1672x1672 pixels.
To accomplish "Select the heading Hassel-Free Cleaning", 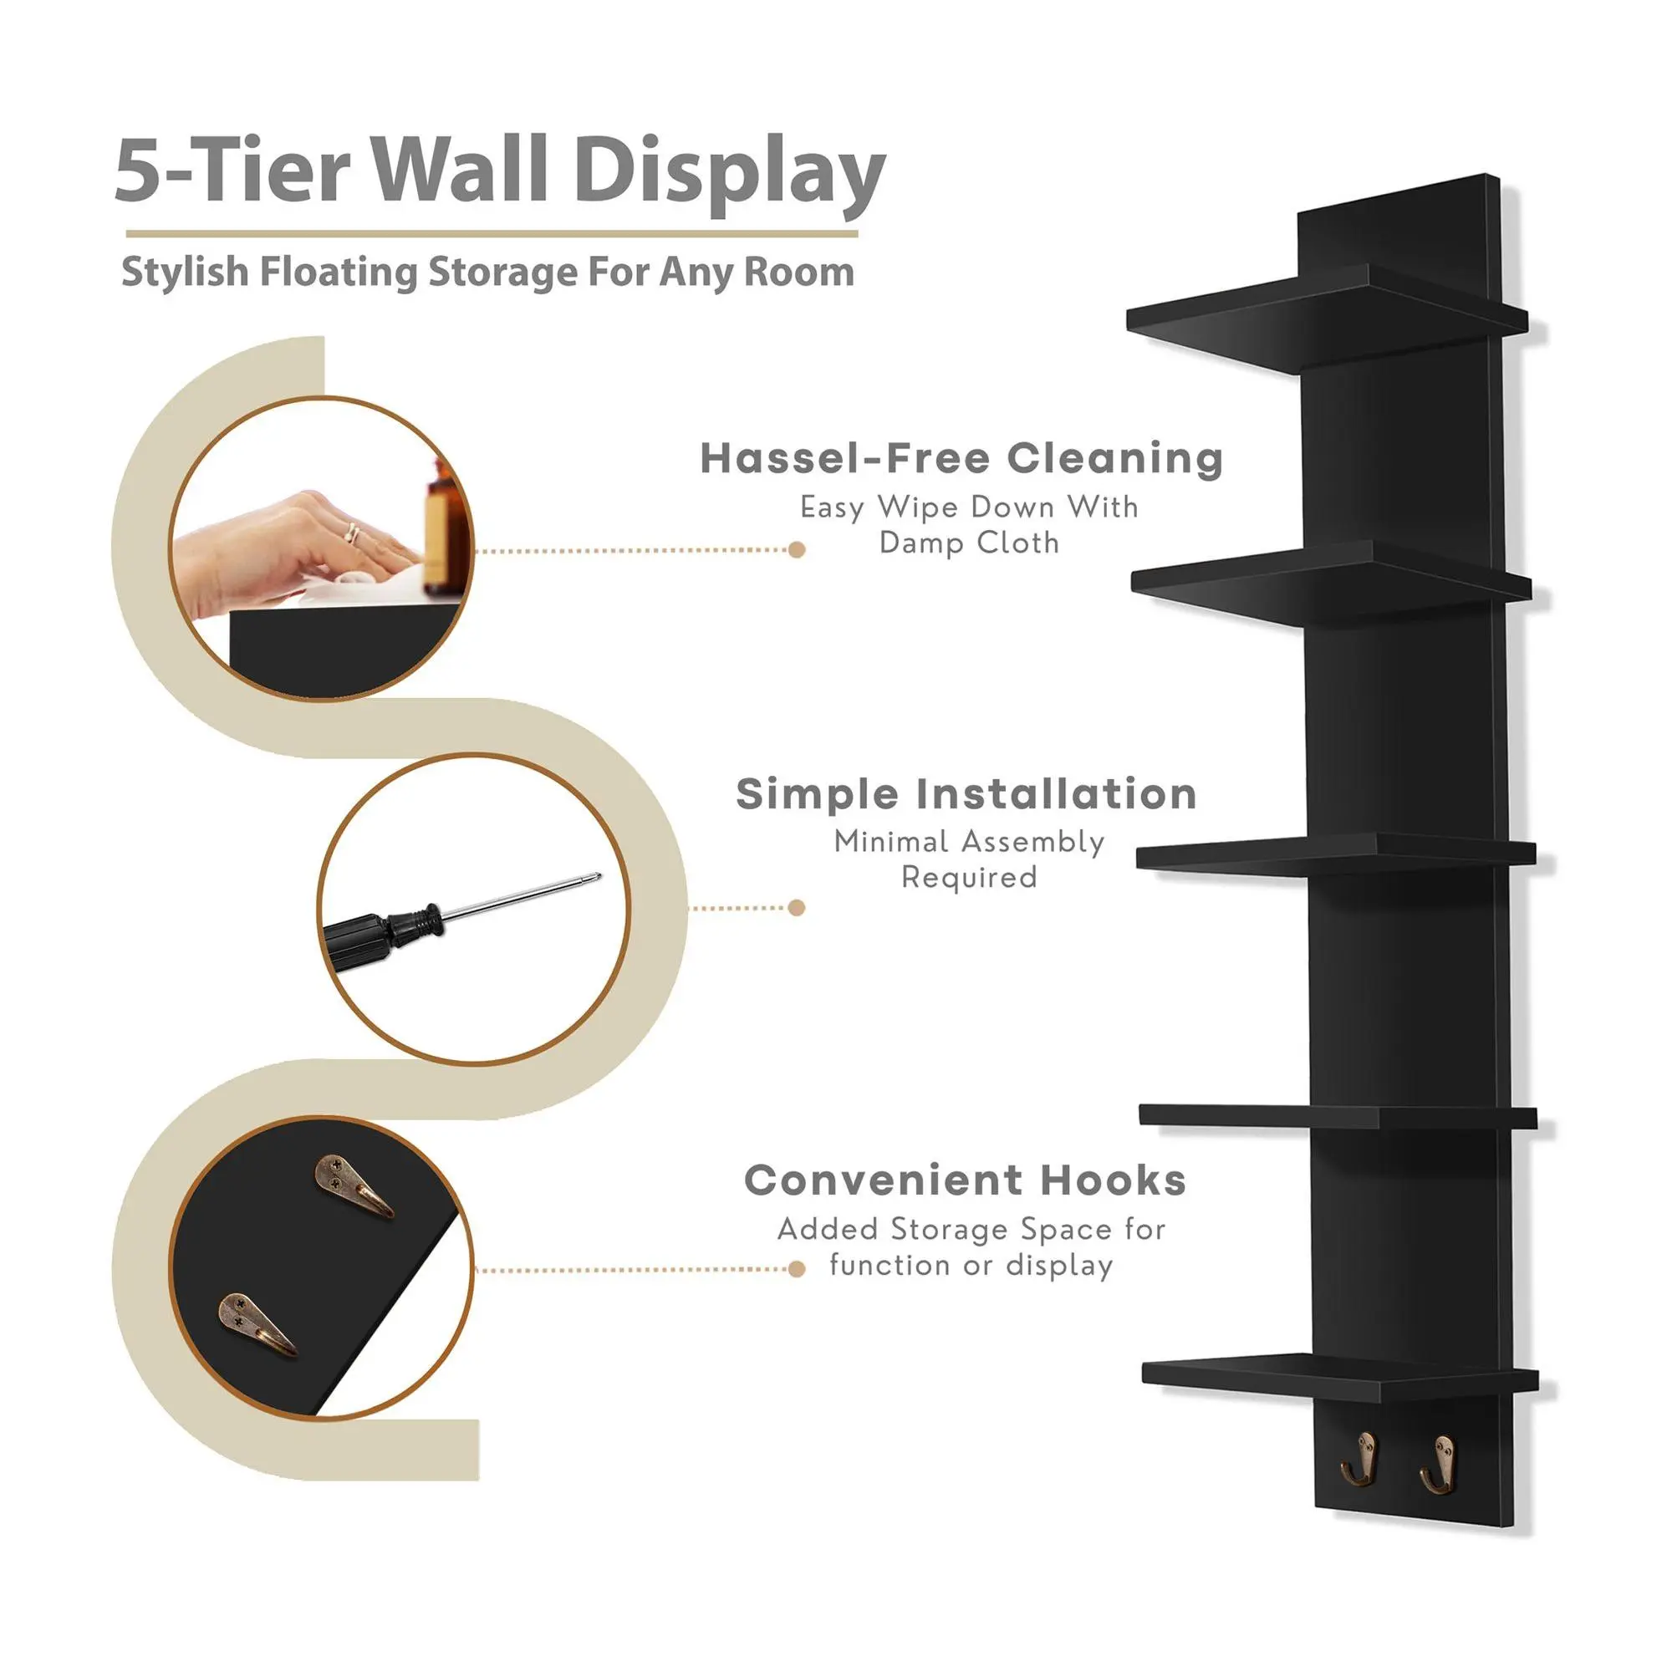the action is [x=961, y=459].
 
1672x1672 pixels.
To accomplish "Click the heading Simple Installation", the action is [x=966, y=793].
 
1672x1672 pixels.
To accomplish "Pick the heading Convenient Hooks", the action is [x=965, y=1180].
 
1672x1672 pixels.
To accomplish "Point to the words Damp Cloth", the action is [x=969, y=543].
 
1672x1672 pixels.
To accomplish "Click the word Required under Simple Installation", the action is [x=969, y=878].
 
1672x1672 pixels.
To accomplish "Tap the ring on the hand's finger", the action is [x=352, y=533].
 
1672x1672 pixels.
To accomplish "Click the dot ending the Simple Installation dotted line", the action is [x=797, y=908].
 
